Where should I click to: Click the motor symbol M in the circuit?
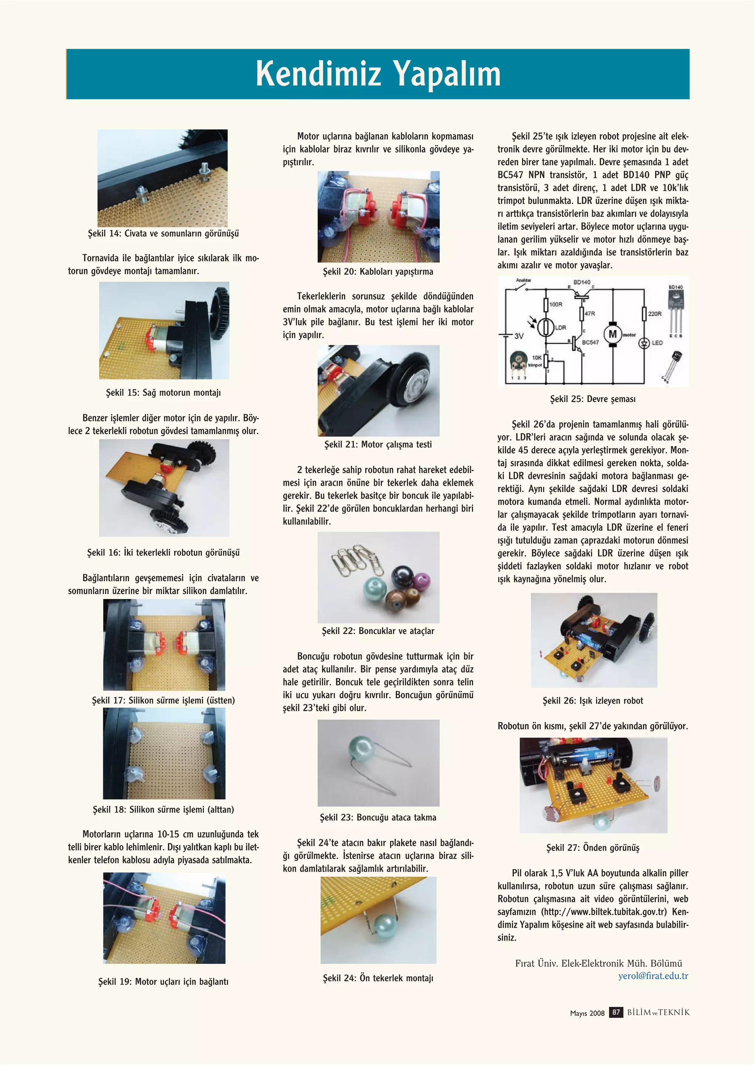click(612, 334)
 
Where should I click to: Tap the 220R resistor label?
click(655, 314)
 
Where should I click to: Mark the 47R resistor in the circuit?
click(582, 314)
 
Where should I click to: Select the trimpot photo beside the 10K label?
click(516, 361)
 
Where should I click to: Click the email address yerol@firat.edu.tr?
click(653, 976)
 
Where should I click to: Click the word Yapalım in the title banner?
click(447, 73)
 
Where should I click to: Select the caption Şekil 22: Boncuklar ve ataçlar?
click(378, 631)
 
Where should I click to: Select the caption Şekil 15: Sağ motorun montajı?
click(163, 392)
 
